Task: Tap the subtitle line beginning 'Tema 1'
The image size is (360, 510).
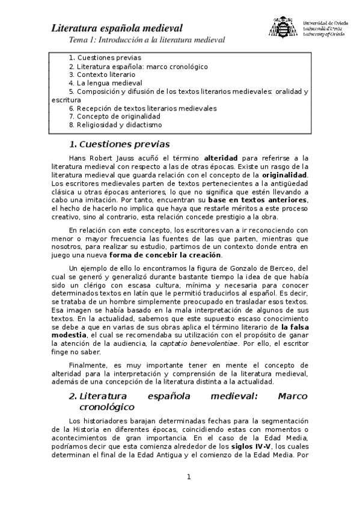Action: (147, 40)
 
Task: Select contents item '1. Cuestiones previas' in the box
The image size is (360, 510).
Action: (105, 58)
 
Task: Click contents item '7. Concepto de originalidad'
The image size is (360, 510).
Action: (114, 117)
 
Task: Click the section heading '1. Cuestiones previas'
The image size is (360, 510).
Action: (120, 144)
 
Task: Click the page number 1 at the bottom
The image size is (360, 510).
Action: (188, 478)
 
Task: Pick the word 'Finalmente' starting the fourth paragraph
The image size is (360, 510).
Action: (88, 364)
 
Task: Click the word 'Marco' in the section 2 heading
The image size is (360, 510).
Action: (293, 396)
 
